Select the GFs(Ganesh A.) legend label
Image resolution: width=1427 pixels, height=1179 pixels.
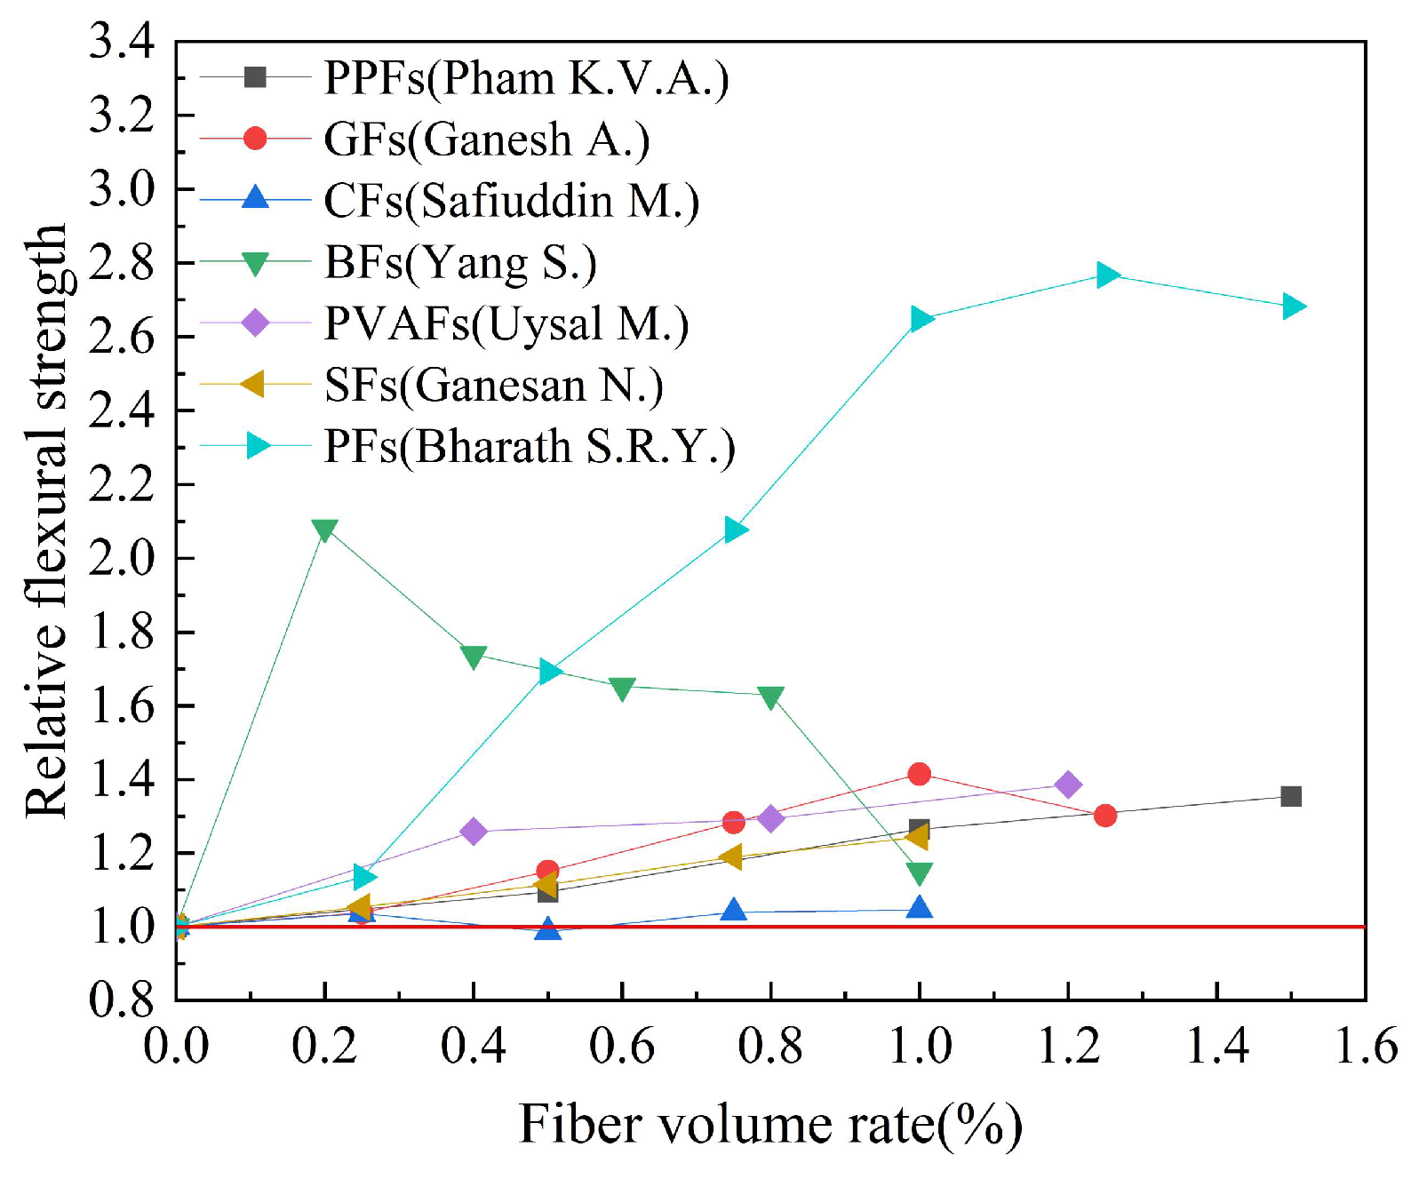[x=486, y=139]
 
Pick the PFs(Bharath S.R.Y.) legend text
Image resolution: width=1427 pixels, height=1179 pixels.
[x=530, y=446]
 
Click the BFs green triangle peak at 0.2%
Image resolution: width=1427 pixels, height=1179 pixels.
[x=325, y=530]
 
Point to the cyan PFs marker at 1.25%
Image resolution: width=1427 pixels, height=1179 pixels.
[x=1106, y=275]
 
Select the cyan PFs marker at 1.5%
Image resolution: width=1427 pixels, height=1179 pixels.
[x=1293, y=307]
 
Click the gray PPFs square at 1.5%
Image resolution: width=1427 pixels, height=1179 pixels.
[x=1291, y=796]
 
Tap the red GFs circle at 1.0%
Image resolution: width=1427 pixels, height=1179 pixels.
[x=920, y=774]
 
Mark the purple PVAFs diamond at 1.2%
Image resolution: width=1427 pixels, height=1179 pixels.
[x=1068, y=785]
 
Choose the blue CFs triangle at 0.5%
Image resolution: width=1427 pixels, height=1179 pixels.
[x=548, y=928]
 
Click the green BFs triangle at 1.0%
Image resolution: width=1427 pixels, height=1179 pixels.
[x=920, y=873]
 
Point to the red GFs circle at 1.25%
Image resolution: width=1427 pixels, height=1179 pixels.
[x=1105, y=815]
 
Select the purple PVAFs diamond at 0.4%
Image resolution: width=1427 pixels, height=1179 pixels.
[x=474, y=832]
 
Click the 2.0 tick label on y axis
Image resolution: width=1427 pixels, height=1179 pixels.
[x=122, y=558]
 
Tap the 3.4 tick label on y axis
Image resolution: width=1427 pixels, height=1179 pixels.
[x=122, y=42]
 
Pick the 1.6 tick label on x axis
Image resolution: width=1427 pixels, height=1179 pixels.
[x=1366, y=1046]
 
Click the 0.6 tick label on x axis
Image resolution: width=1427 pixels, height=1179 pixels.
[x=622, y=1046]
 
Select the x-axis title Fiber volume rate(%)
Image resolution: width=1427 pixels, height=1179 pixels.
[x=770, y=1125]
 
